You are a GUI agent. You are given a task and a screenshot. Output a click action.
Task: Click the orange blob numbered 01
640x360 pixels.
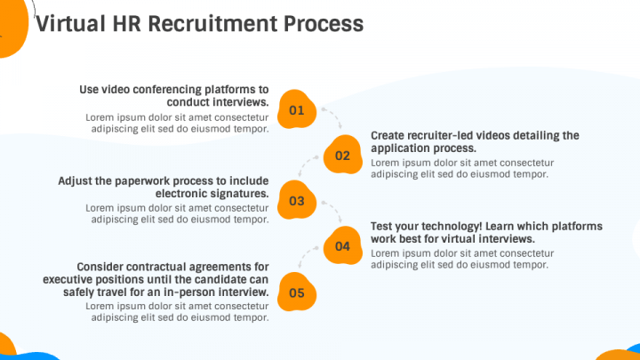[297, 109]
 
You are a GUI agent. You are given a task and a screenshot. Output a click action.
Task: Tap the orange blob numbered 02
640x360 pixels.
[342, 155]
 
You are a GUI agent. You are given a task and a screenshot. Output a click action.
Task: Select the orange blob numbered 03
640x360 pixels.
[297, 200]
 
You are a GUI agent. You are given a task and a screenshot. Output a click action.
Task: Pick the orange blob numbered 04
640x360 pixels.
[342, 245]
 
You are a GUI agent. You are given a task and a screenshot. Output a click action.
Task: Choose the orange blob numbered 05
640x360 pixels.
[297, 292]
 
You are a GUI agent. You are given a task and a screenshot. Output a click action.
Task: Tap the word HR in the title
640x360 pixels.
[126, 24]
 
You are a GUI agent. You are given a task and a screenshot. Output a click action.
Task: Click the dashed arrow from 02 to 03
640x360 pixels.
[308, 165]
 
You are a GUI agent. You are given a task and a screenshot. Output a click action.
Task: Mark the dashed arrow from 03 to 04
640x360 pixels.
[331, 210]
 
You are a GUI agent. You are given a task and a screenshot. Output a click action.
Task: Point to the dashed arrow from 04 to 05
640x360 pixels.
[308, 256]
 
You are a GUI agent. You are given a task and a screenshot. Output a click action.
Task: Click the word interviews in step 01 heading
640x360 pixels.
[240, 102]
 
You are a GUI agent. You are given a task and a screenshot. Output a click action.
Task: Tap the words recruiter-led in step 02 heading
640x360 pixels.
[440, 135]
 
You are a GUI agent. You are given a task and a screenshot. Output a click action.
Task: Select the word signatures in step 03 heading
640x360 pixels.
[240, 193]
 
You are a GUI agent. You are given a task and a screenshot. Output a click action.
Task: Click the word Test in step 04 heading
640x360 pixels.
[382, 226]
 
